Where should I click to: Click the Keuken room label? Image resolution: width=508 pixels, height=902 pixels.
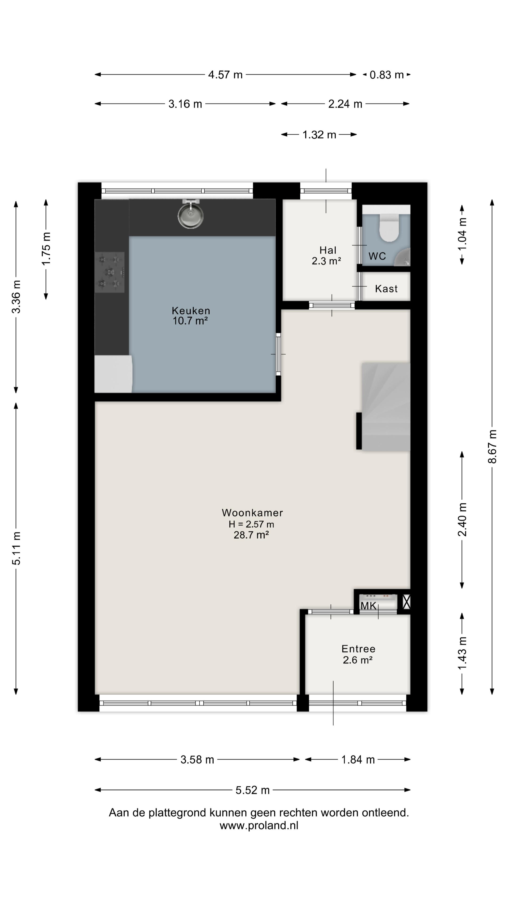point(191,311)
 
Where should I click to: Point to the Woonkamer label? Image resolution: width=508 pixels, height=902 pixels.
point(252,513)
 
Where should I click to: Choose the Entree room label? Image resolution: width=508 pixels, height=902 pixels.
point(358,649)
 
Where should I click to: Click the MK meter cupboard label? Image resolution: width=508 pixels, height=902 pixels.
point(369,606)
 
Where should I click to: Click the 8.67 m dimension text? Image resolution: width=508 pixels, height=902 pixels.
point(492,447)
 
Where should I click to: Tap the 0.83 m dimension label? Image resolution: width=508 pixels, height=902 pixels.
point(387,75)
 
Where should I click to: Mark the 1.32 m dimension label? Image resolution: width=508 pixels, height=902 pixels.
point(319,134)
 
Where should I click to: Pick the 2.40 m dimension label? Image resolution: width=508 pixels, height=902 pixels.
point(462,520)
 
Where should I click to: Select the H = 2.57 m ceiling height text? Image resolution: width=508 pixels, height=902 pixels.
point(251,524)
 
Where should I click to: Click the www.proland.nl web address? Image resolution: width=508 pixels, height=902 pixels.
point(259,825)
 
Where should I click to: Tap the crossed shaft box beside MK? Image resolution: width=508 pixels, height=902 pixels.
point(406,602)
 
